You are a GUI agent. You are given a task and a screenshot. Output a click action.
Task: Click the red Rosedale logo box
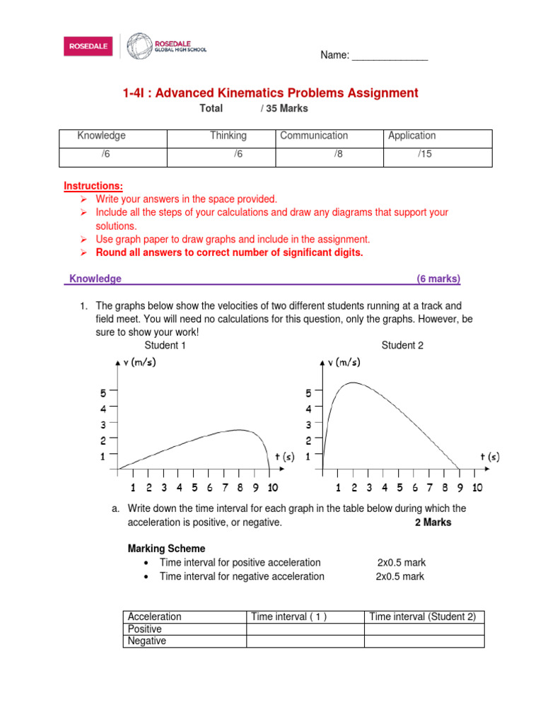pos(88,47)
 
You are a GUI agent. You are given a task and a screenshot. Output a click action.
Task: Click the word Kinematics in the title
pos(267,93)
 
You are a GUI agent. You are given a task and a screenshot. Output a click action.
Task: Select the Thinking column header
pos(228,136)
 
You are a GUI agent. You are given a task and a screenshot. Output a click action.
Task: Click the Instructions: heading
pos(93,186)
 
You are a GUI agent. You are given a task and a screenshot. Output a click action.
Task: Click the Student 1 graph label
pos(165,345)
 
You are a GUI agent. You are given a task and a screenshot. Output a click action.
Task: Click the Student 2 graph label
pos(402,345)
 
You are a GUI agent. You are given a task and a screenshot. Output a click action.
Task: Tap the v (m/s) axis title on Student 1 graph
pos(139,363)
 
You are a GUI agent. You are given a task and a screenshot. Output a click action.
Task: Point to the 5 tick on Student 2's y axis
pos(308,393)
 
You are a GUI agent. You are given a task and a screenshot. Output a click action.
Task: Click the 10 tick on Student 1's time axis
pos(273,487)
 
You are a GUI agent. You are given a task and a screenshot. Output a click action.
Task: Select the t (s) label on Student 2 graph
pos(489,457)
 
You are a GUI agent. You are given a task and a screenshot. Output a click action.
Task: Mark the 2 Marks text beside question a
pos(433,522)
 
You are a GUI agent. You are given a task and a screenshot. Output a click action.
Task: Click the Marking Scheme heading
pos(166,549)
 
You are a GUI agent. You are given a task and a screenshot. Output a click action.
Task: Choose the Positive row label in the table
pos(145,629)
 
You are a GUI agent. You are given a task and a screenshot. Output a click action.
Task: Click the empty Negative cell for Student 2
pos(424,641)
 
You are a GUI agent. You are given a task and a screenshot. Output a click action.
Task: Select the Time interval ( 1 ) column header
pos(288,617)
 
